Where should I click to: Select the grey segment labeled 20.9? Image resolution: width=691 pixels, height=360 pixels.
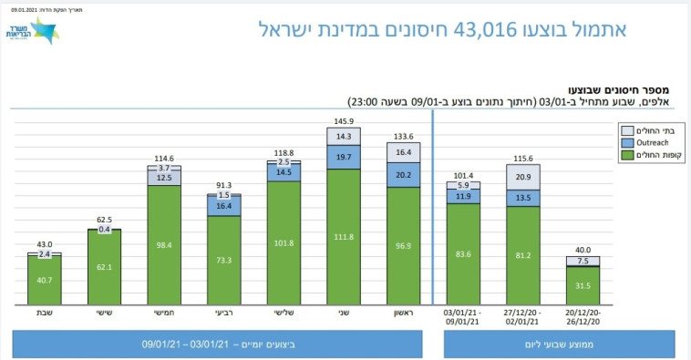tap(523, 177)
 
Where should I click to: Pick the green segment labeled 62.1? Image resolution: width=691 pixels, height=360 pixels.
tap(104, 268)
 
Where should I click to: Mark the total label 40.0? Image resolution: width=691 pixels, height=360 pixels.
tap(583, 250)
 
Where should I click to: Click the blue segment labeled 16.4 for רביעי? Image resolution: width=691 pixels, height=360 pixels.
tap(223, 207)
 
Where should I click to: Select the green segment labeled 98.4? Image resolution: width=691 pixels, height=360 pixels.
tap(164, 245)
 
